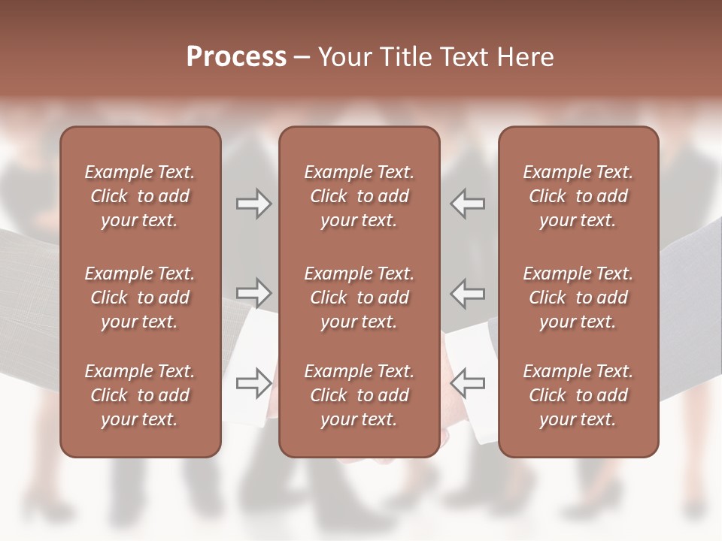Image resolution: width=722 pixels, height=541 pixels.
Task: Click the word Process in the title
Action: (x=236, y=57)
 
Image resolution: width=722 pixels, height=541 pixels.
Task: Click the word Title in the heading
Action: (x=408, y=57)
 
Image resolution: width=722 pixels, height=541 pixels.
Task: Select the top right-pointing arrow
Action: (x=254, y=204)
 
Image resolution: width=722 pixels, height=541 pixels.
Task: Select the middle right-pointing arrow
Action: (x=254, y=292)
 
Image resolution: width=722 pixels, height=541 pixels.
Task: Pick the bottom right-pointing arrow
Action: (x=254, y=382)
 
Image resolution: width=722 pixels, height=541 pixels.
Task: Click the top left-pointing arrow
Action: (x=467, y=204)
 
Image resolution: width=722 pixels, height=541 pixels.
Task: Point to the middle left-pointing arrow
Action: (x=467, y=292)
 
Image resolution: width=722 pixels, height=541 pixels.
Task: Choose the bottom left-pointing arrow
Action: (x=467, y=382)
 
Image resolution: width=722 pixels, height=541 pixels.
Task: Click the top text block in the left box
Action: (x=140, y=196)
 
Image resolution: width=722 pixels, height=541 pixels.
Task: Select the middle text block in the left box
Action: (x=140, y=298)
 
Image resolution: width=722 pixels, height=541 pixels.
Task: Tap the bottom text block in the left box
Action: (x=140, y=395)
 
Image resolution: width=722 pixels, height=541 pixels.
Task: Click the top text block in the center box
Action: (x=359, y=196)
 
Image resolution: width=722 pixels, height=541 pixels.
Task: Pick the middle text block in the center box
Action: (x=359, y=298)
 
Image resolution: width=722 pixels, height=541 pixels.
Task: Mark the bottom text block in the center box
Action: (x=359, y=395)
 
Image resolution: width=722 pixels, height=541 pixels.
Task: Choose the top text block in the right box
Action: (x=578, y=196)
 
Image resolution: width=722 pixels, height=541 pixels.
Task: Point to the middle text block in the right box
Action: (x=578, y=298)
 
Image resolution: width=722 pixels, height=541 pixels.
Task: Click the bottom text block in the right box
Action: (x=578, y=395)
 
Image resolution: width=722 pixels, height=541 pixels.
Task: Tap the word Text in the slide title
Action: (x=466, y=57)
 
